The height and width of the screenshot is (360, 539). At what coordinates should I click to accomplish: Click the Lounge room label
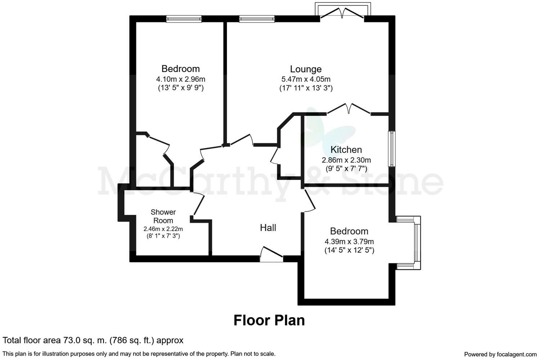306,69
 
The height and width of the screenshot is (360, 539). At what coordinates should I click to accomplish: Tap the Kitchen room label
346,150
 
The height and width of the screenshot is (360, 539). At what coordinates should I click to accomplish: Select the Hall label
268,228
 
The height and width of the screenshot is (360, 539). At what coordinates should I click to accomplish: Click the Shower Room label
163,216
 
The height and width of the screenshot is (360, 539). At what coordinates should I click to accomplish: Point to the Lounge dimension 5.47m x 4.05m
306,79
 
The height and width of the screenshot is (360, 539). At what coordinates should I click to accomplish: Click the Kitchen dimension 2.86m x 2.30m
346,160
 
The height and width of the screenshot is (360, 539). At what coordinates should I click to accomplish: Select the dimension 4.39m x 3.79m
349,242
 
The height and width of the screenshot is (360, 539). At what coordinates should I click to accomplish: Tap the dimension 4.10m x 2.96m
181,79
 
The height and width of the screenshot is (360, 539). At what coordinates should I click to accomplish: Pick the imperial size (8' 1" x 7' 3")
163,236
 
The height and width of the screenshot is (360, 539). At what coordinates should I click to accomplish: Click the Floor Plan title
269,320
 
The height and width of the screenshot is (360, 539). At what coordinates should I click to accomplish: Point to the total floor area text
93,340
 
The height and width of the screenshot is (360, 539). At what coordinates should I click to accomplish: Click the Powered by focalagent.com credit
500,354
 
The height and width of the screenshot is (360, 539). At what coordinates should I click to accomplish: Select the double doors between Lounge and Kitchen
349,109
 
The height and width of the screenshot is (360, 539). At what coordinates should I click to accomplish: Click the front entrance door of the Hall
271,254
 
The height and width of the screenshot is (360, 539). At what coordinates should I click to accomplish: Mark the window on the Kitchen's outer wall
392,149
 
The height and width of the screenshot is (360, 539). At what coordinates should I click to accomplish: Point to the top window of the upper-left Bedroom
184,19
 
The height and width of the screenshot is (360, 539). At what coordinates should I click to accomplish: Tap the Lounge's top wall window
257,19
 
